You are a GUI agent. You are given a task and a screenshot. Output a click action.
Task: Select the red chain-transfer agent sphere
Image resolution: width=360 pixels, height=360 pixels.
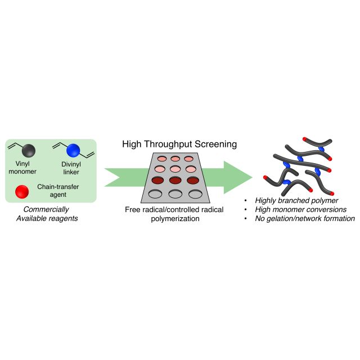pos(22,191)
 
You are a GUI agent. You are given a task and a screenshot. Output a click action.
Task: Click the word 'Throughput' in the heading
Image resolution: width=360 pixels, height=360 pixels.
pos(166,144)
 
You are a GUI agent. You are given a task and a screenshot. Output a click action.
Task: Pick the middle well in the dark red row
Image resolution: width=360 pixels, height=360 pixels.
pos(175,181)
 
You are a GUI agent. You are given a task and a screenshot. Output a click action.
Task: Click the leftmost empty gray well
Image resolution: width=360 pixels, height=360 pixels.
pos(155,194)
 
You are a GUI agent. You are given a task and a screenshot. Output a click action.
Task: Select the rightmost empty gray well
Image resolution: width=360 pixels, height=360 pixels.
pos(195,194)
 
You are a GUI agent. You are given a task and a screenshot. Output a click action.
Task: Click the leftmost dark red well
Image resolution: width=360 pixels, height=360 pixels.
pos(157,181)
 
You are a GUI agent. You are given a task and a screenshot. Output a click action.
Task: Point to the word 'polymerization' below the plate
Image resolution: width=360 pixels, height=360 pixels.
pos(175,218)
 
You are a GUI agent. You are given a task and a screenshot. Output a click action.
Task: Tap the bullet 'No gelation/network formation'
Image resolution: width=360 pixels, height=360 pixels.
pos(306,218)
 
